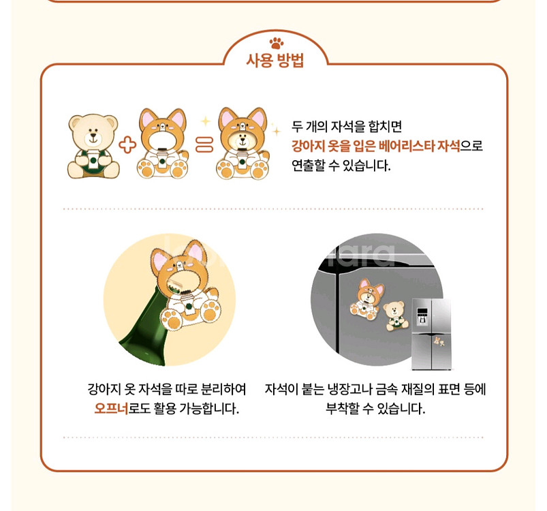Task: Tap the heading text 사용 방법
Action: [x=275, y=61]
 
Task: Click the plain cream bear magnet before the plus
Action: [x=93, y=146]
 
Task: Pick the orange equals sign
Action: [x=204, y=145]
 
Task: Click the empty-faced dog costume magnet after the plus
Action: [x=166, y=144]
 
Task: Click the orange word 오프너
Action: [x=111, y=409]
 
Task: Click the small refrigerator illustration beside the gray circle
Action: [x=431, y=333]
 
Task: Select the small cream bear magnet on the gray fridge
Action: [x=393, y=316]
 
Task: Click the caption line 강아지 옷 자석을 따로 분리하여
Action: [x=167, y=390]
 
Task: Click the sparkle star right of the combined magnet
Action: [x=275, y=129]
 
